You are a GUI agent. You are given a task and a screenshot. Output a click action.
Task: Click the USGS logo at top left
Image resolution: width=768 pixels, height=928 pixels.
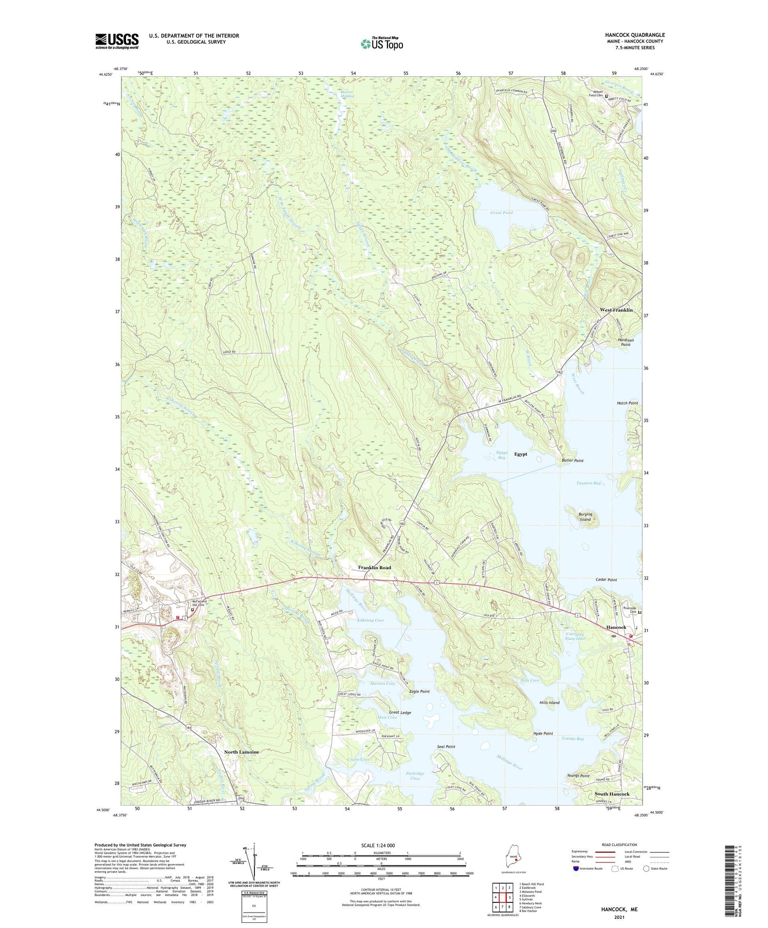(117, 41)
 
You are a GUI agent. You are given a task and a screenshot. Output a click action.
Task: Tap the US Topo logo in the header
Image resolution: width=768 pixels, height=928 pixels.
(381, 44)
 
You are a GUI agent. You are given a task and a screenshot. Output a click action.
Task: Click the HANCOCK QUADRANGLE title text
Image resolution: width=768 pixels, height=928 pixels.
(635, 35)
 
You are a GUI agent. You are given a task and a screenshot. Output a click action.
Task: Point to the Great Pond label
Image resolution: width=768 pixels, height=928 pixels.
(501, 212)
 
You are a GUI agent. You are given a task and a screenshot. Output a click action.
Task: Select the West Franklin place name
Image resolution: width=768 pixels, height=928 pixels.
(616, 310)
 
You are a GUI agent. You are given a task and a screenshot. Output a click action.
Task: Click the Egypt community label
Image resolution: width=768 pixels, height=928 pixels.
(520, 454)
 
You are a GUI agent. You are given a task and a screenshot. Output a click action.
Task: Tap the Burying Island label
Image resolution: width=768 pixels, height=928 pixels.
(585, 517)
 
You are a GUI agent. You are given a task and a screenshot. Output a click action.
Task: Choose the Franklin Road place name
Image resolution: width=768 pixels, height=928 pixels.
(374, 568)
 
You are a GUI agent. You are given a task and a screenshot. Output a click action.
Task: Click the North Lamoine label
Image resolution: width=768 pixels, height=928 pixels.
(242, 752)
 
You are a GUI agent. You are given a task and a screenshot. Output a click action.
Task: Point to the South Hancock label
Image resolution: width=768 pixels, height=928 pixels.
(612, 794)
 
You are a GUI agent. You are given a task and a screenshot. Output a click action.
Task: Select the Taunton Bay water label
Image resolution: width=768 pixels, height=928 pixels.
(588, 483)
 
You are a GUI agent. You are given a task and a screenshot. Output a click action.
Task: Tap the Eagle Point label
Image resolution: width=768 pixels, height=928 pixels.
(419, 692)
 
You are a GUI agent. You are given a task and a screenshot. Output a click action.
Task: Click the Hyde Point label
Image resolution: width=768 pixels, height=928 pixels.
(543, 733)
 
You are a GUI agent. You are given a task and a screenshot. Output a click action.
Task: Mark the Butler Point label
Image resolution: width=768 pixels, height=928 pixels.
(572, 461)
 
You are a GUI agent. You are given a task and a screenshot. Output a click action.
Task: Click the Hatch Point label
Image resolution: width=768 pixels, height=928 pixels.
(627, 403)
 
